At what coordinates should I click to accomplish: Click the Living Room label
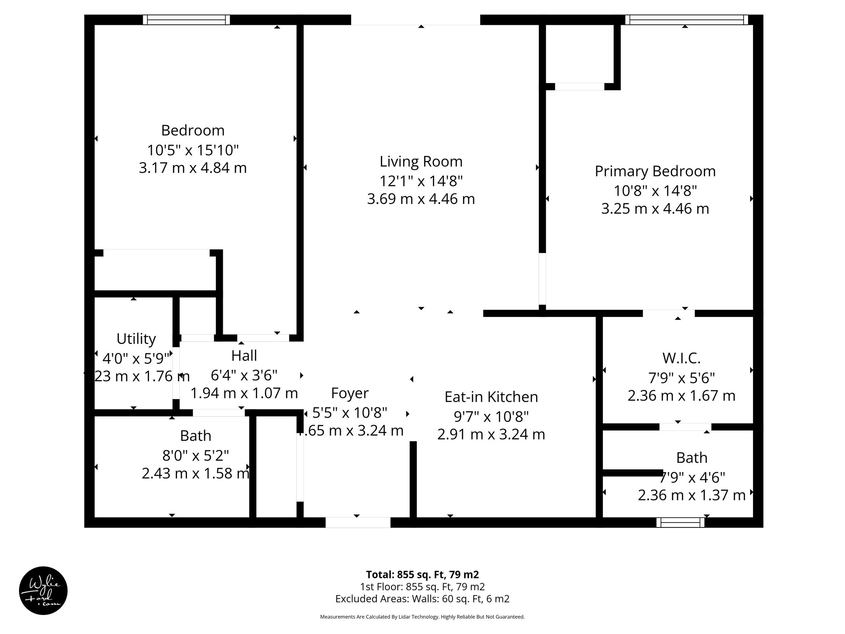point(421,161)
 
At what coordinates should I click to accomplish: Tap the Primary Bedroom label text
point(655,171)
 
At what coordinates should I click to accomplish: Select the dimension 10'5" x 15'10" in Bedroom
point(193,149)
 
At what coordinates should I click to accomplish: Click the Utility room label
point(136,339)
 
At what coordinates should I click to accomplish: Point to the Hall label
point(244,356)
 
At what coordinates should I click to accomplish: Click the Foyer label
point(349,393)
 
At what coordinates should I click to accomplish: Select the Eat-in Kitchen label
point(491,397)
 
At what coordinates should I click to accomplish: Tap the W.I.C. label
point(681,358)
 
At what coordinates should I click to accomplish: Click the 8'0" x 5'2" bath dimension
point(196,455)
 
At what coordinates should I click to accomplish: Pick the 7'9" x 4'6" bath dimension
point(692,478)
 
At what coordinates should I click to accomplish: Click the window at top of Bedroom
point(186,20)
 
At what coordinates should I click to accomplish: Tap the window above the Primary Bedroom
point(687,20)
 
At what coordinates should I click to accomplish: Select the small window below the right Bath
point(680,523)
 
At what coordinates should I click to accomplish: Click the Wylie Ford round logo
point(43,591)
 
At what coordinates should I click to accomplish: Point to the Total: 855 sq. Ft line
point(422,575)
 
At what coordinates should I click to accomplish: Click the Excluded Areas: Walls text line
point(422,599)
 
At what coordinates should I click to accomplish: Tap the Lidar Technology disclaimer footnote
point(422,617)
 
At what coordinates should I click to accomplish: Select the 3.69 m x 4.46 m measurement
point(421,199)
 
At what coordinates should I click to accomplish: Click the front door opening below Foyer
point(358,523)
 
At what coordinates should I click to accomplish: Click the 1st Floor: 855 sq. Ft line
point(422,587)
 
